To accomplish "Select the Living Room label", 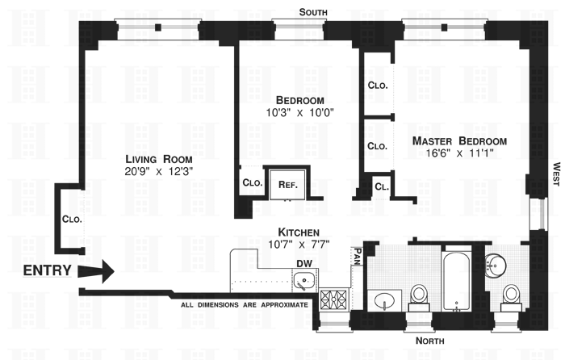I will coord(159,159).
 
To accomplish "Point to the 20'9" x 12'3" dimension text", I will coord(159,172).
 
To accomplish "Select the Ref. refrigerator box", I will coord(288,184).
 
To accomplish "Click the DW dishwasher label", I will coord(303,262).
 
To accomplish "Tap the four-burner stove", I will coord(333,301).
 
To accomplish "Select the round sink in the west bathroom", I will coord(497,263).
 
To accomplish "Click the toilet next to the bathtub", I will coord(419,296).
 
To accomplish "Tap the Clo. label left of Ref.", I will coord(252,183).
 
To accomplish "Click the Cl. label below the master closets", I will coord(380,188).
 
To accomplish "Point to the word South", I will coord(313,11).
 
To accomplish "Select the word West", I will coord(555,175).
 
